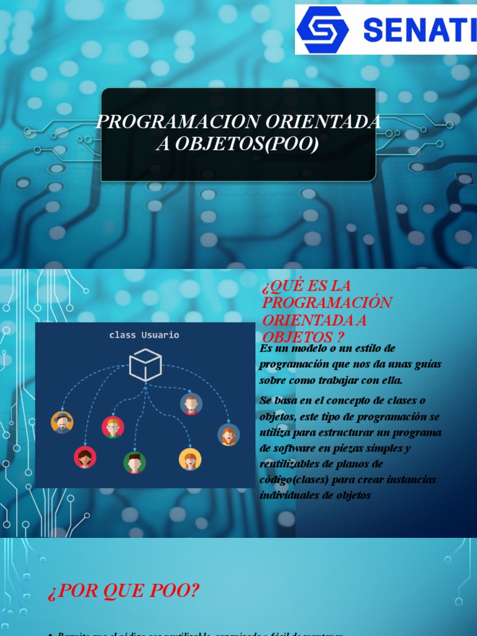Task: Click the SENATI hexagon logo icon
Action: point(322,29)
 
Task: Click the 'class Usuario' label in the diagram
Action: point(144,335)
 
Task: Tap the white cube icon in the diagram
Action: point(145,365)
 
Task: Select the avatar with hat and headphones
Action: point(62,422)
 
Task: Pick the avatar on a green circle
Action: point(134,462)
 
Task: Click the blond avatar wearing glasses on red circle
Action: point(112,427)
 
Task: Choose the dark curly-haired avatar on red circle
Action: point(85,458)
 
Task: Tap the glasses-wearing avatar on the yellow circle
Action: point(190,459)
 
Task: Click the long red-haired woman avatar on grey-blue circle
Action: point(229,434)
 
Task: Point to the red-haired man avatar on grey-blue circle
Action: point(191,404)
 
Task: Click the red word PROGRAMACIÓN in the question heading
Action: point(327,302)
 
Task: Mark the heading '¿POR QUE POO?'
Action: point(124,591)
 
